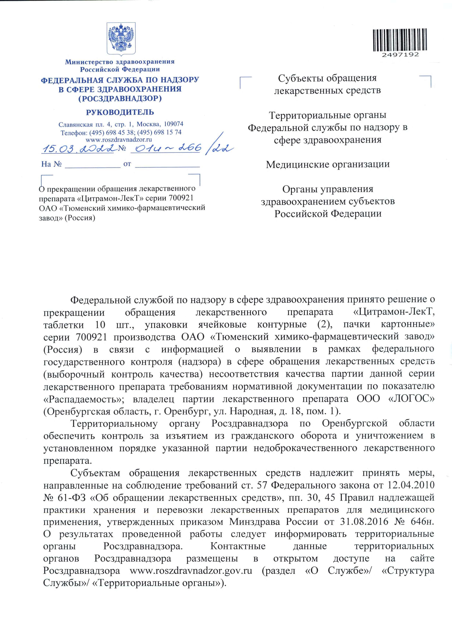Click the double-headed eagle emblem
[x=121, y=38]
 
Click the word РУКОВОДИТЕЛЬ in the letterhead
[x=120, y=112]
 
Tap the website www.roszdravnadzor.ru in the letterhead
[x=119, y=139]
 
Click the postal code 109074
[x=173, y=124]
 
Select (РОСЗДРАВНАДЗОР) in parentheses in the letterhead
[x=120, y=99]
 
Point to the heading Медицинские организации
[x=327, y=164]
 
